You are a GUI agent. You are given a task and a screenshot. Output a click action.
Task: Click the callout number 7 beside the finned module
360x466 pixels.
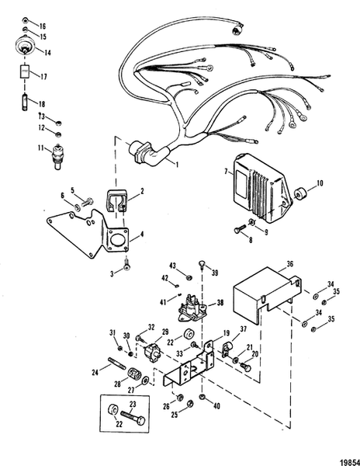(227, 172)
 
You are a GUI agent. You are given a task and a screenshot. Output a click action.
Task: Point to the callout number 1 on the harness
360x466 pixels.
(177, 165)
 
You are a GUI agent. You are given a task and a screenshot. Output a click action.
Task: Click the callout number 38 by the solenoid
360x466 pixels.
(220, 303)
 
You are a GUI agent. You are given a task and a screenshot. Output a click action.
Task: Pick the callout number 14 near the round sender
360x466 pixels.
(47, 54)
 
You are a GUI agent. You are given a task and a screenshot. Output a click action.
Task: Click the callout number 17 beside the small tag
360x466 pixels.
(42, 76)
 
